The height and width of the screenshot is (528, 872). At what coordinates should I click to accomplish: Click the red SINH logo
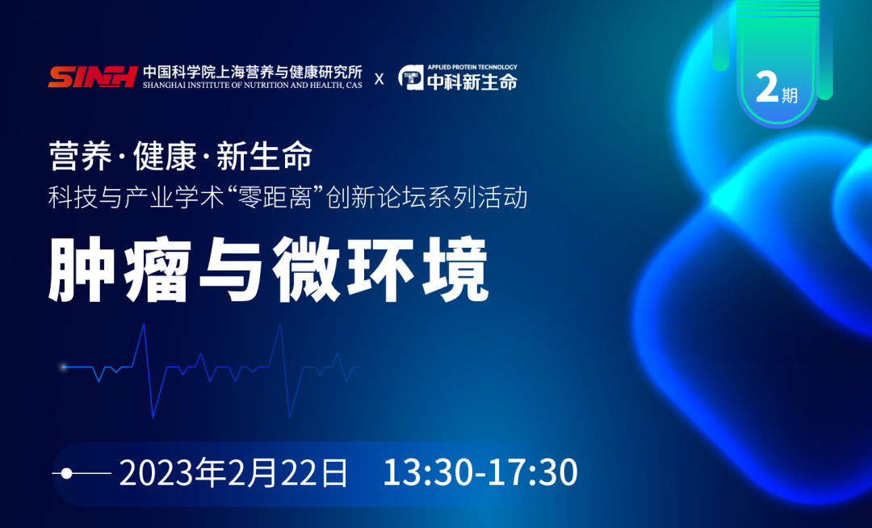(x=91, y=78)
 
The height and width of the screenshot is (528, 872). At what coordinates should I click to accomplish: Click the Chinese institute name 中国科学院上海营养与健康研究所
(x=252, y=71)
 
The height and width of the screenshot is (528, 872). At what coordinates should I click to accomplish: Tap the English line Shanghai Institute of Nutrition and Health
(x=252, y=84)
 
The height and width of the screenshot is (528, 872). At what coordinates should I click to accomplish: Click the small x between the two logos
(x=379, y=78)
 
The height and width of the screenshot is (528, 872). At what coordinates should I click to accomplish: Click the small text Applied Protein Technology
(x=472, y=68)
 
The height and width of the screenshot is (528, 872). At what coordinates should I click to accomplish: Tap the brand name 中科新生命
(x=472, y=82)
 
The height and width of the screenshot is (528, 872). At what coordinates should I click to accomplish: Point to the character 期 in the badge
(x=790, y=95)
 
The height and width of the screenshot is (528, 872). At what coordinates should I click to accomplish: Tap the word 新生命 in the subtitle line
(x=264, y=157)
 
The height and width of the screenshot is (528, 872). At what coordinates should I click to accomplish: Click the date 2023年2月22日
(x=234, y=472)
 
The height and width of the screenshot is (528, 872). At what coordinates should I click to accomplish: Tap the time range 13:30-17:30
(x=480, y=472)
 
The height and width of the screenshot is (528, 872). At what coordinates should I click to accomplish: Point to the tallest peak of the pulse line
(x=144, y=325)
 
